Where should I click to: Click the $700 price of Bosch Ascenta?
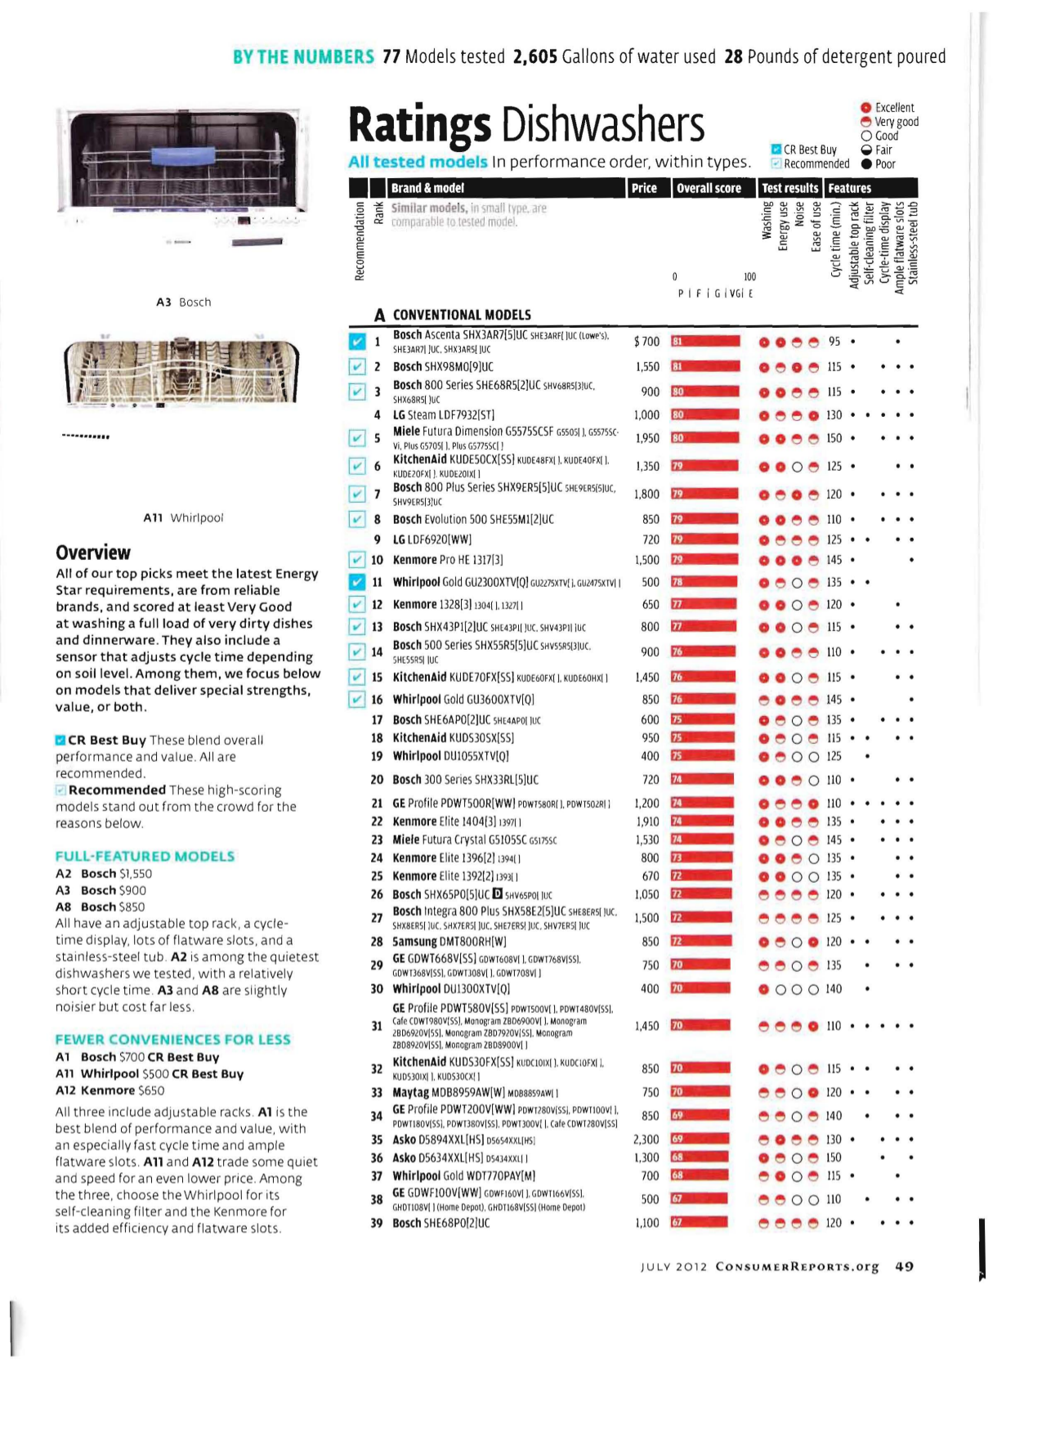coord(646,342)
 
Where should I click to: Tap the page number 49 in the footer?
coord(904,1266)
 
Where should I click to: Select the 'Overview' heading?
coord(93,553)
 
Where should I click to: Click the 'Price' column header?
coord(644,188)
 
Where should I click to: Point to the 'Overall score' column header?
coord(709,188)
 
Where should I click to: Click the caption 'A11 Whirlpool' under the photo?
coord(183,517)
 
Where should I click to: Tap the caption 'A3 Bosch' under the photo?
coord(183,302)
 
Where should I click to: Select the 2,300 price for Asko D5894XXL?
coord(646,1139)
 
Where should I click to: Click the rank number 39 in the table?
coord(377,1223)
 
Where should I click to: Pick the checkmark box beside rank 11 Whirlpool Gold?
coord(357,582)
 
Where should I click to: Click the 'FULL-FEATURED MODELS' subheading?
coord(145,856)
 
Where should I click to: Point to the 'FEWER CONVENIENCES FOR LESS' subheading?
coord(172,1039)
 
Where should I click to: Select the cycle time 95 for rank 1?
coord(834,342)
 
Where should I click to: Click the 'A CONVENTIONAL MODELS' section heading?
coord(453,315)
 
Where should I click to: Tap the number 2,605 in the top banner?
coord(535,56)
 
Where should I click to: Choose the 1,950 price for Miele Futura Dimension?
coord(646,438)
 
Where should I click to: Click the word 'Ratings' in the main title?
coord(420,125)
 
